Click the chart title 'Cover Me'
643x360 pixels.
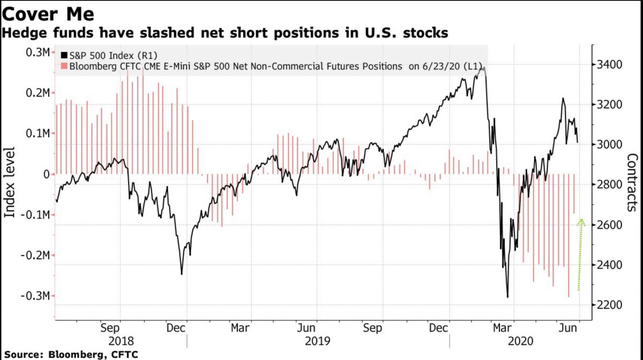(48, 14)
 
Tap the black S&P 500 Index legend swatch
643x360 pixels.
(64, 55)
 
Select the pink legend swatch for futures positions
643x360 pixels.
(64, 66)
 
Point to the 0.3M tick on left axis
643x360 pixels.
(38, 52)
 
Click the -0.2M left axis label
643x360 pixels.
(35, 255)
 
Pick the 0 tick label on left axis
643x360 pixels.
(46, 174)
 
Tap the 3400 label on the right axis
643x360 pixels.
(609, 65)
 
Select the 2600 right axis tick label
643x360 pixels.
(609, 225)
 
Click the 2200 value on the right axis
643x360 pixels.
(609, 305)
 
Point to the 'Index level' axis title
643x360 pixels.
(9, 182)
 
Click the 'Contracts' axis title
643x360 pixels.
(632, 182)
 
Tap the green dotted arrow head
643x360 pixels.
(581, 222)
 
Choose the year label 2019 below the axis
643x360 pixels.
(317, 341)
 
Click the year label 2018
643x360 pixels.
(121, 341)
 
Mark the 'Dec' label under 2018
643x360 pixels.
(176, 328)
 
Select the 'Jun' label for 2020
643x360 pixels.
(568, 328)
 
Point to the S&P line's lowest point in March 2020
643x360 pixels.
(508, 297)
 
